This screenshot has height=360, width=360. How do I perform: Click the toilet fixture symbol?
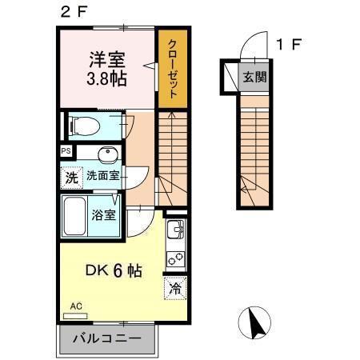[x=82, y=126]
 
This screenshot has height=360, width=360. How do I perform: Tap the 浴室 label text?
[x=104, y=214]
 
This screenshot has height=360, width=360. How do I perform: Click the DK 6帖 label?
[x=114, y=271]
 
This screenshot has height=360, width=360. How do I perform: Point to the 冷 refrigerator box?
[x=174, y=289]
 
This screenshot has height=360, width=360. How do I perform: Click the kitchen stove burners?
[x=175, y=259]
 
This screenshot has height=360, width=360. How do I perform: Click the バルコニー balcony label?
[x=107, y=338]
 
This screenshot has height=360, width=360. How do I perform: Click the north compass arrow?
[x=257, y=324]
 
